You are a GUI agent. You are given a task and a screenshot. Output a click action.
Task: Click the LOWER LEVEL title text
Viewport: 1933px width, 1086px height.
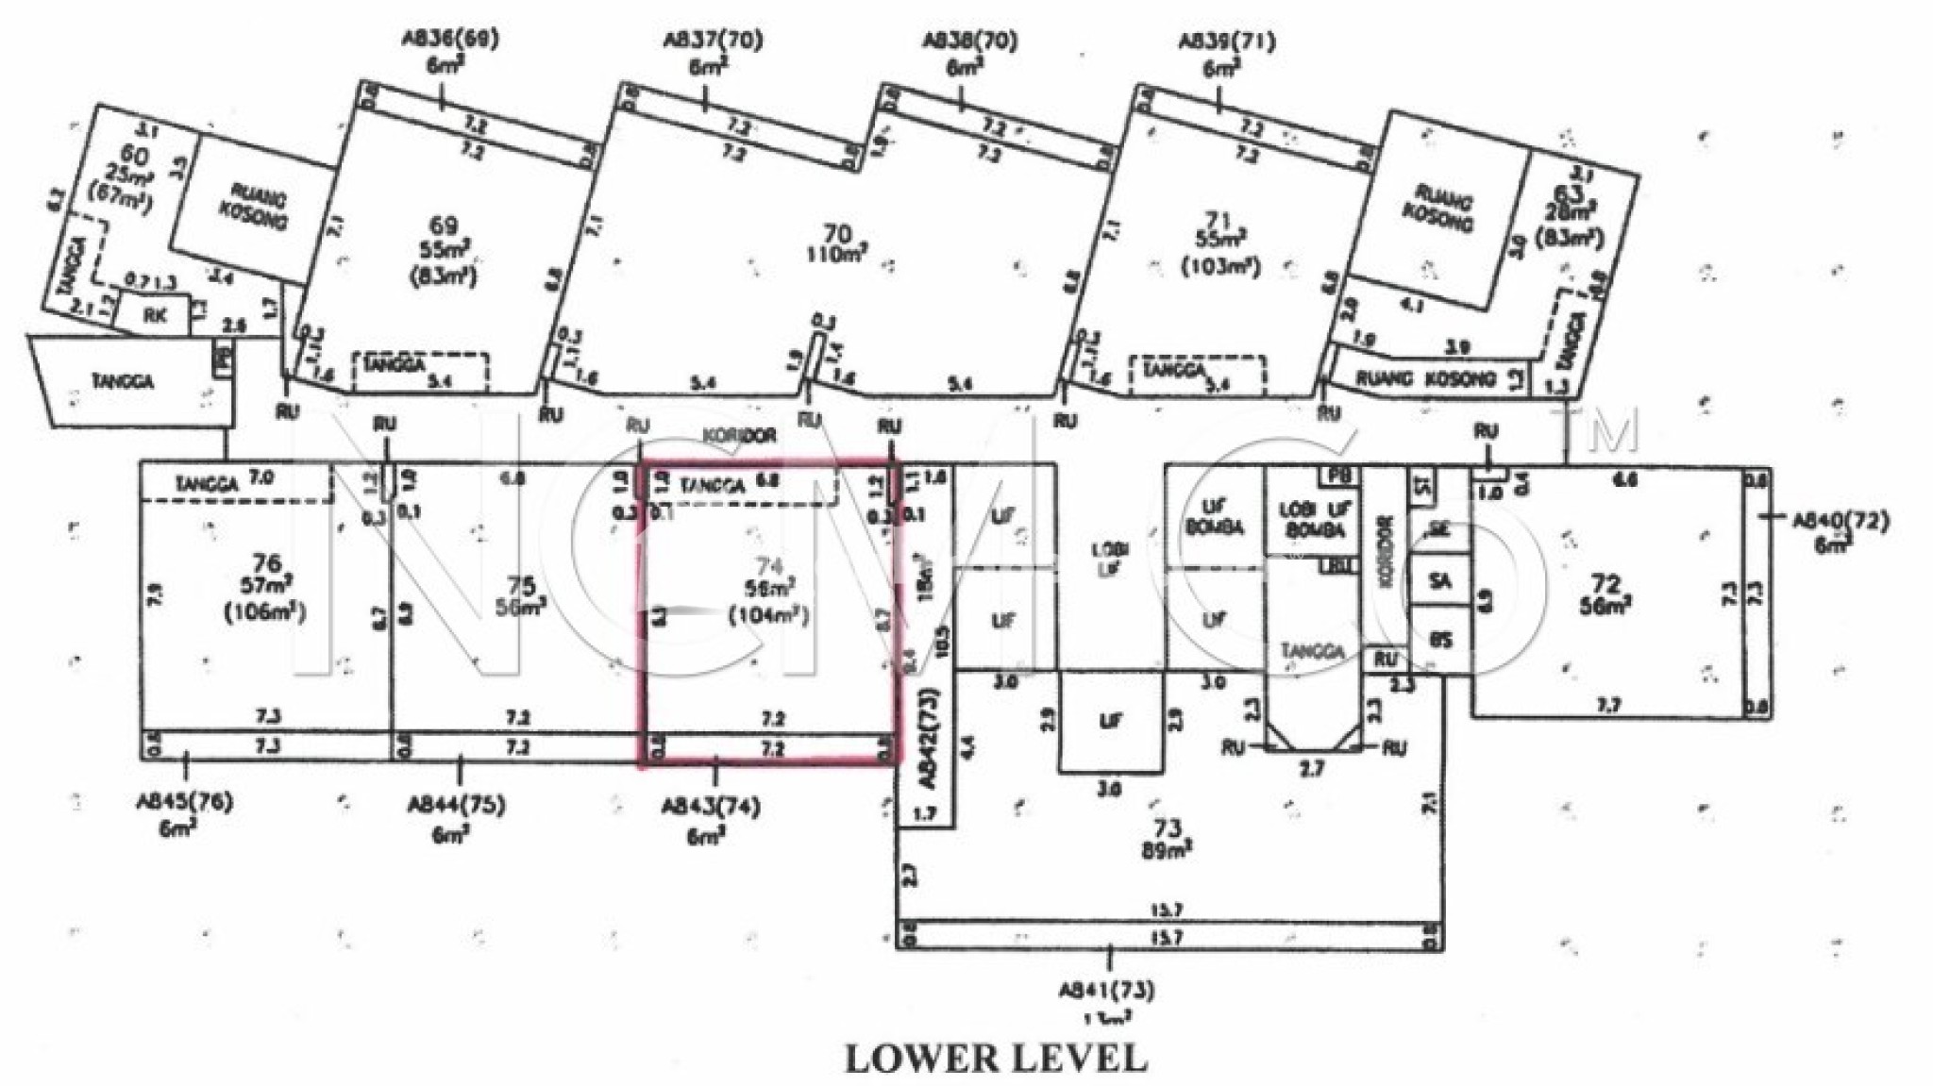(x=996, y=1059)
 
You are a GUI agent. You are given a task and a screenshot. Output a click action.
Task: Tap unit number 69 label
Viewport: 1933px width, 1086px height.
(x=444, y=226)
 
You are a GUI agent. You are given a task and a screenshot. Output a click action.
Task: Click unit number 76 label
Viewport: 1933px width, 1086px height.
(x=266, y=563)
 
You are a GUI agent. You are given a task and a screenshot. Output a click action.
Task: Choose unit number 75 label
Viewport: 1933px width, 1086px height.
(x=521, y=585)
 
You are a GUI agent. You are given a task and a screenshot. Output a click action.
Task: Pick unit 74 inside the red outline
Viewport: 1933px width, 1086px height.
(x=769, y=566)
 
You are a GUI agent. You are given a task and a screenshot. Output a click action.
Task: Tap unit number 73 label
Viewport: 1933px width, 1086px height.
(x=1168, y=828)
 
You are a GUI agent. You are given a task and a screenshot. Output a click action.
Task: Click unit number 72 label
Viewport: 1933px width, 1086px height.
(x=1605, y=584)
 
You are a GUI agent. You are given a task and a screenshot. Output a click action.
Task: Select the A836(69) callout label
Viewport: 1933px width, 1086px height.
(x=450, y=40)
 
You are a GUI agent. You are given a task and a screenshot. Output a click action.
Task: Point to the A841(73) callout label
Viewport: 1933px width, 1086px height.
(x=1105, y=991)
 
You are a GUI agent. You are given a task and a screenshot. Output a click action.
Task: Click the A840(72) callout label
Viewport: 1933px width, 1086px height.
(x=1840, y=521)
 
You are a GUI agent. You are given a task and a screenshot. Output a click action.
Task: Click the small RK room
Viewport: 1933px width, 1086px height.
(x=155, y=315)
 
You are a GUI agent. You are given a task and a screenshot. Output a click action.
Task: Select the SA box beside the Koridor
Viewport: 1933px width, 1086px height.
(x=1439, y=582)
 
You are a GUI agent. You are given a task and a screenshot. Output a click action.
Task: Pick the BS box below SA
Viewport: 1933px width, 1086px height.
(x=1439, y=641)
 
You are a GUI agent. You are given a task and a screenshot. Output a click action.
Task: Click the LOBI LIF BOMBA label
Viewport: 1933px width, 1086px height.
(x=1311, y=519)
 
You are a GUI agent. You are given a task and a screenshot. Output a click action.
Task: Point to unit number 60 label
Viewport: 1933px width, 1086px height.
(x=133, y=156)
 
